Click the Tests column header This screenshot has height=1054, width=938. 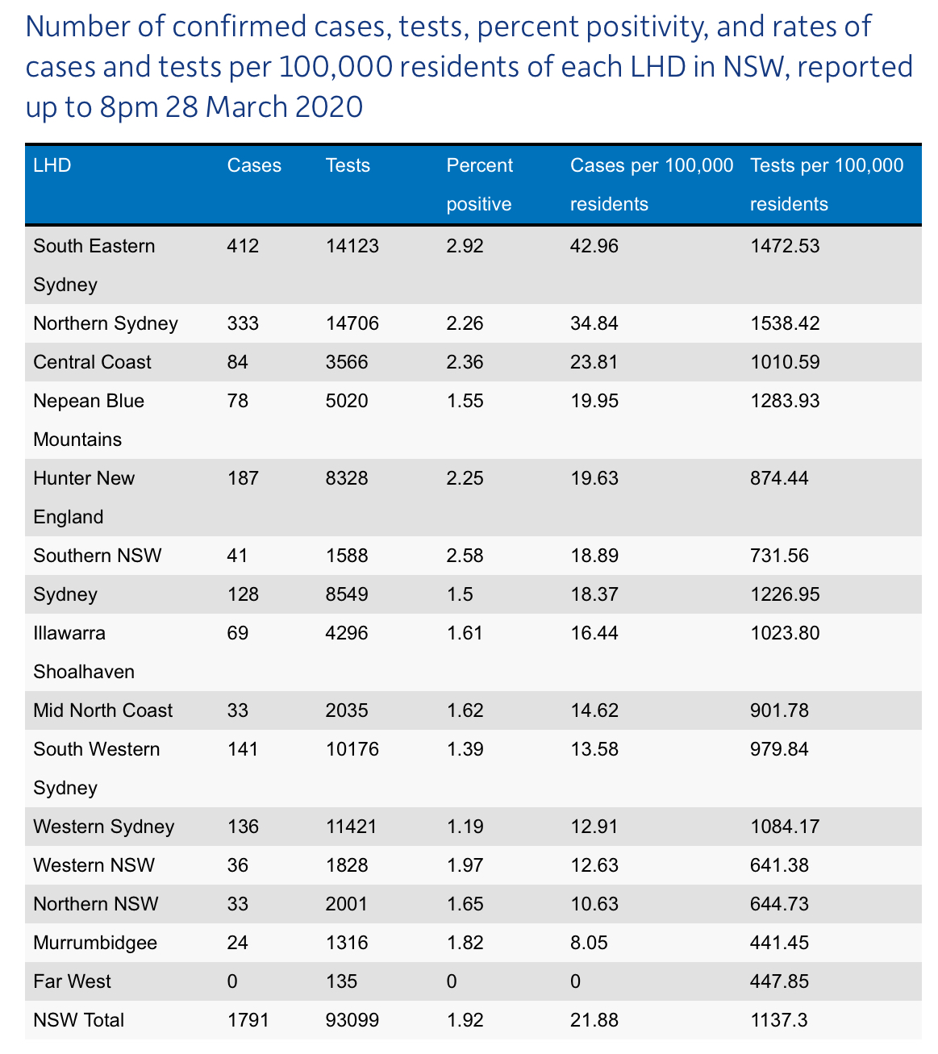[x=348, y=165]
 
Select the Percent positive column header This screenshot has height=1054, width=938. [x=479, y=185]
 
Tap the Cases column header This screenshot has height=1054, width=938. [x=254, y=165]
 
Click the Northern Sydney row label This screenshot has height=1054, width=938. [x=106, y=323]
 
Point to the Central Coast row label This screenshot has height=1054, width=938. [x=92, y=362]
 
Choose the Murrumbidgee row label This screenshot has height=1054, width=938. [x=95, y=943]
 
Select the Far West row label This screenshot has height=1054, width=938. [x=73, y=981]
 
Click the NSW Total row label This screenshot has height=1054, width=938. [x=79, y=1020]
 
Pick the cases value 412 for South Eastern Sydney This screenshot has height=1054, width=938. [x=243, y=246]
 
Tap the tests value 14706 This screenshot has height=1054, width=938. [x=352, y=323]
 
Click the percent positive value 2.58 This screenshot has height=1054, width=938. [x=465, y=556]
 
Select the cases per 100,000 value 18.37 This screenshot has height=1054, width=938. [x=594, y=594]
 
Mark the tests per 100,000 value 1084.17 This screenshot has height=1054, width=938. [x=785, y=827]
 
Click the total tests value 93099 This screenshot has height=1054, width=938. [x=352, y=1020]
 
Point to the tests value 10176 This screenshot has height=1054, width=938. [x=352, y=749]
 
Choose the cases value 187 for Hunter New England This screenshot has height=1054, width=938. [x=243, y=478]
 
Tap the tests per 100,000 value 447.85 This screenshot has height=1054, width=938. [x=779, y=981]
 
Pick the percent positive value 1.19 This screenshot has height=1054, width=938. [x=465, y=827]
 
